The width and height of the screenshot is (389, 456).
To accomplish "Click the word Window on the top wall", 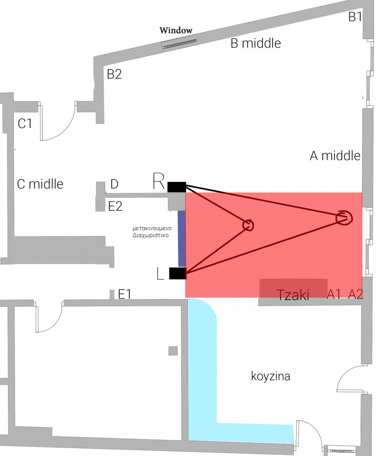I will point(176,30).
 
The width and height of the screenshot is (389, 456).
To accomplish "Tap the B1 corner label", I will point(355,17).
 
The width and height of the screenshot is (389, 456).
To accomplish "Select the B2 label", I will point(114,74).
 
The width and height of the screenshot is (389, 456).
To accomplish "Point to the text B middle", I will point(256,43).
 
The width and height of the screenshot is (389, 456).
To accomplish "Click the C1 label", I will point(25,124).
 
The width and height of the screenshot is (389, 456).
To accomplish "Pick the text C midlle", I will point(40,184).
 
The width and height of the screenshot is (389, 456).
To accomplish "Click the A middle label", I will point(335,156).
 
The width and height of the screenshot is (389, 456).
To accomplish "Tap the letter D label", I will point(114,184).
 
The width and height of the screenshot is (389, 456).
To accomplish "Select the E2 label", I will point(115,206).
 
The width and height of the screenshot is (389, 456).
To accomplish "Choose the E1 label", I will point(124,294).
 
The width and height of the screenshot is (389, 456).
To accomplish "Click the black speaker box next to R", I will point(176,187).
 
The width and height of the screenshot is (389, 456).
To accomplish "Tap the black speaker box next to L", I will point(177,273).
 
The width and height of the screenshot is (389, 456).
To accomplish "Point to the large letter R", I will point(159,182).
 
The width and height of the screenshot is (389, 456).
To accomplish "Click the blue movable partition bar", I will point(181,239).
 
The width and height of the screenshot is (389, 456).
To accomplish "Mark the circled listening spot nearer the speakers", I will point(248,225).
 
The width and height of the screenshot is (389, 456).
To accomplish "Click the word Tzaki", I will point(293,295).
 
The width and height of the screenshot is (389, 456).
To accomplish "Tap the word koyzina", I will point(270,376).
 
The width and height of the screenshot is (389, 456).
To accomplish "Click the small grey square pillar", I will point(173,351).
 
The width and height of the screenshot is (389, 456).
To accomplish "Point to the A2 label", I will point(356,294).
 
